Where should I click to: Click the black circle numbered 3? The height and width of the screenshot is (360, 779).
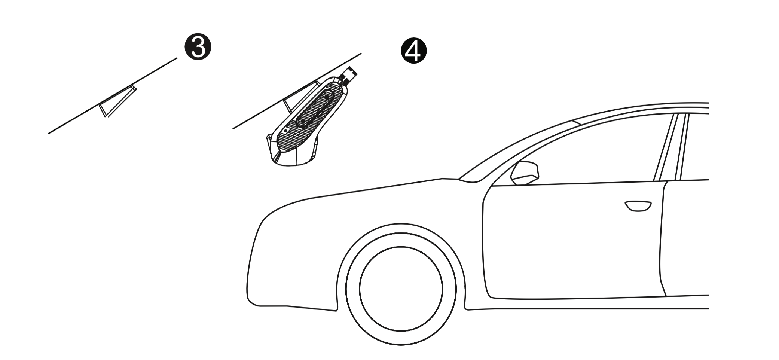coord(198,48)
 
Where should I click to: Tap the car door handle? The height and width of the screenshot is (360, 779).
coord(638,206)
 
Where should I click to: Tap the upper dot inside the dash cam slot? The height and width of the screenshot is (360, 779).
coord(327,97)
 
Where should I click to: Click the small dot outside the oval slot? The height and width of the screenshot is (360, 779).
coord(285,131)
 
